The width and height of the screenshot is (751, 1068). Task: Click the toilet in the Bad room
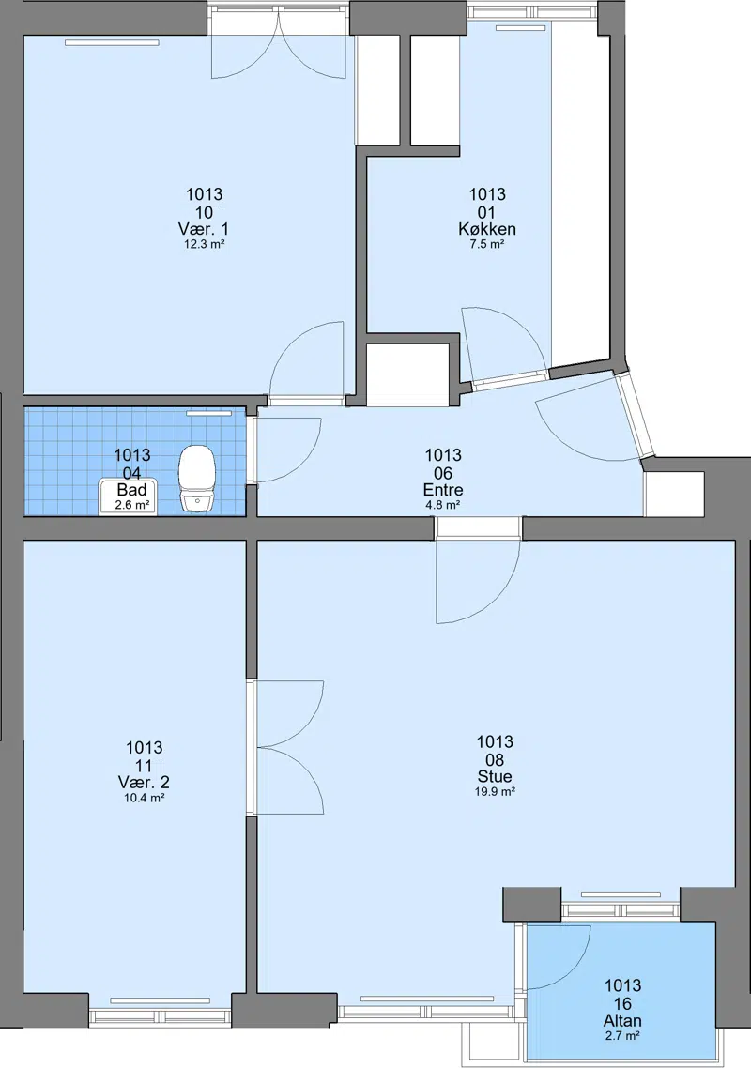click(198, 478)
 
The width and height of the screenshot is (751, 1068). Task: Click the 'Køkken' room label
click(486, 229)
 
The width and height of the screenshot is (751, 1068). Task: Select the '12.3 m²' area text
click(204, 244)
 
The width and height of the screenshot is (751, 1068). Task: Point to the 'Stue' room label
click(495, 776)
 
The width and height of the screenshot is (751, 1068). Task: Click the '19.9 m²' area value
click(495, 791)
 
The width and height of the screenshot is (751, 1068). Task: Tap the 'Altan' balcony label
click(622, 1020)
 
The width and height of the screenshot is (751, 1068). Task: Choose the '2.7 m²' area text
click(622, 1036)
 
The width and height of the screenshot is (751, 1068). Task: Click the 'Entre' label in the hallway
click(443, 490)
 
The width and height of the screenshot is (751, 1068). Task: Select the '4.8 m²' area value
click(443, 505)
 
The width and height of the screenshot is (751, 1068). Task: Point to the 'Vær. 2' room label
click(144, 783)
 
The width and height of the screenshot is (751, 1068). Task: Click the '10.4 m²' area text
click(144, 799)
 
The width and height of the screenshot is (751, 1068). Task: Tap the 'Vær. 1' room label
click(204, 229)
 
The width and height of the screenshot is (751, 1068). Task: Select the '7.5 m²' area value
click(486, 244)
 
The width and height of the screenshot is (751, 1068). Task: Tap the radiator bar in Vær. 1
click(113, 42)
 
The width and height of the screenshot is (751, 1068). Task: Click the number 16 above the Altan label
click(622, 1003)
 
